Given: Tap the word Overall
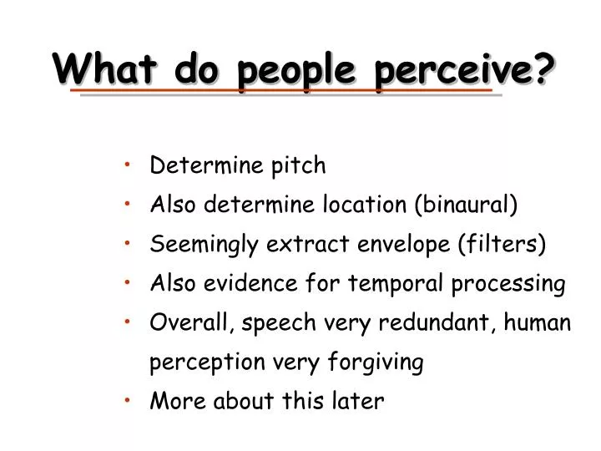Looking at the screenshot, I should tap(185, 323).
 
